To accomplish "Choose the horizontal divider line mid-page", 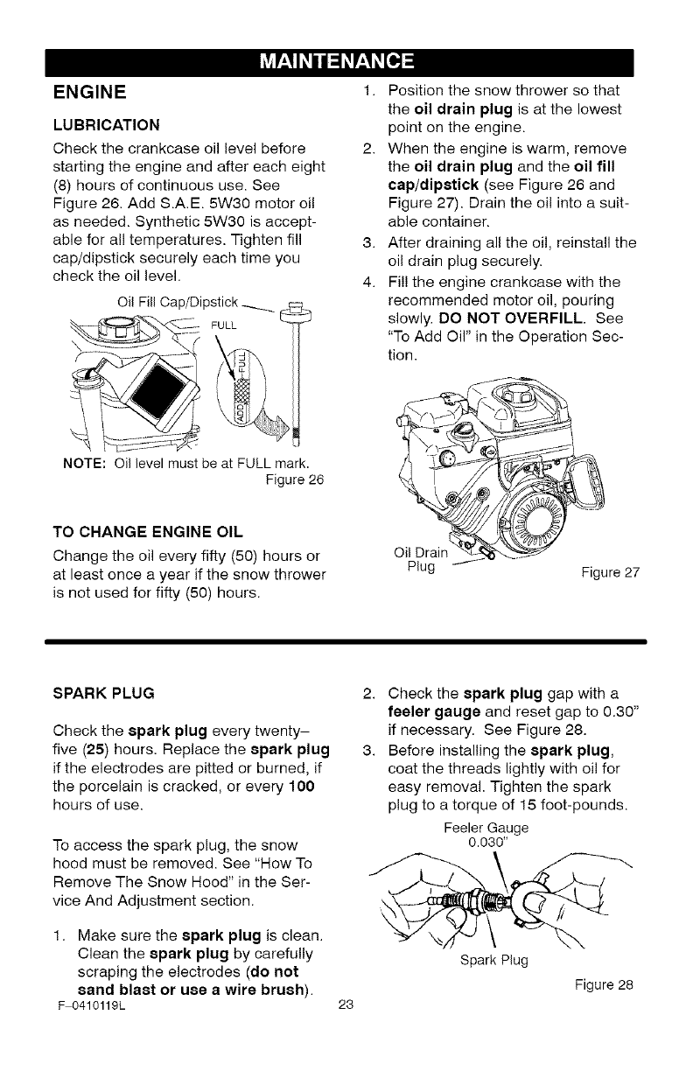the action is (346, 641).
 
